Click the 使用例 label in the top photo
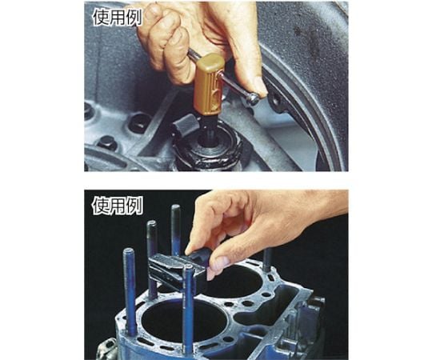(x=118, y=18)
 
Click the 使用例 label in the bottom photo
(x=118, y=206)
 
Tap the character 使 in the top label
(x=101, y=18)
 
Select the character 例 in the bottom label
(x=134, y=206)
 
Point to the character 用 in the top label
(x=118, y=18)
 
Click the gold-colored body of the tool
(x=208, y=84)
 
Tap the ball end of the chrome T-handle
(x=254, y=98)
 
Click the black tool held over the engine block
(x=176, y=269)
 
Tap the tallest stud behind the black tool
(x=175, y=230)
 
